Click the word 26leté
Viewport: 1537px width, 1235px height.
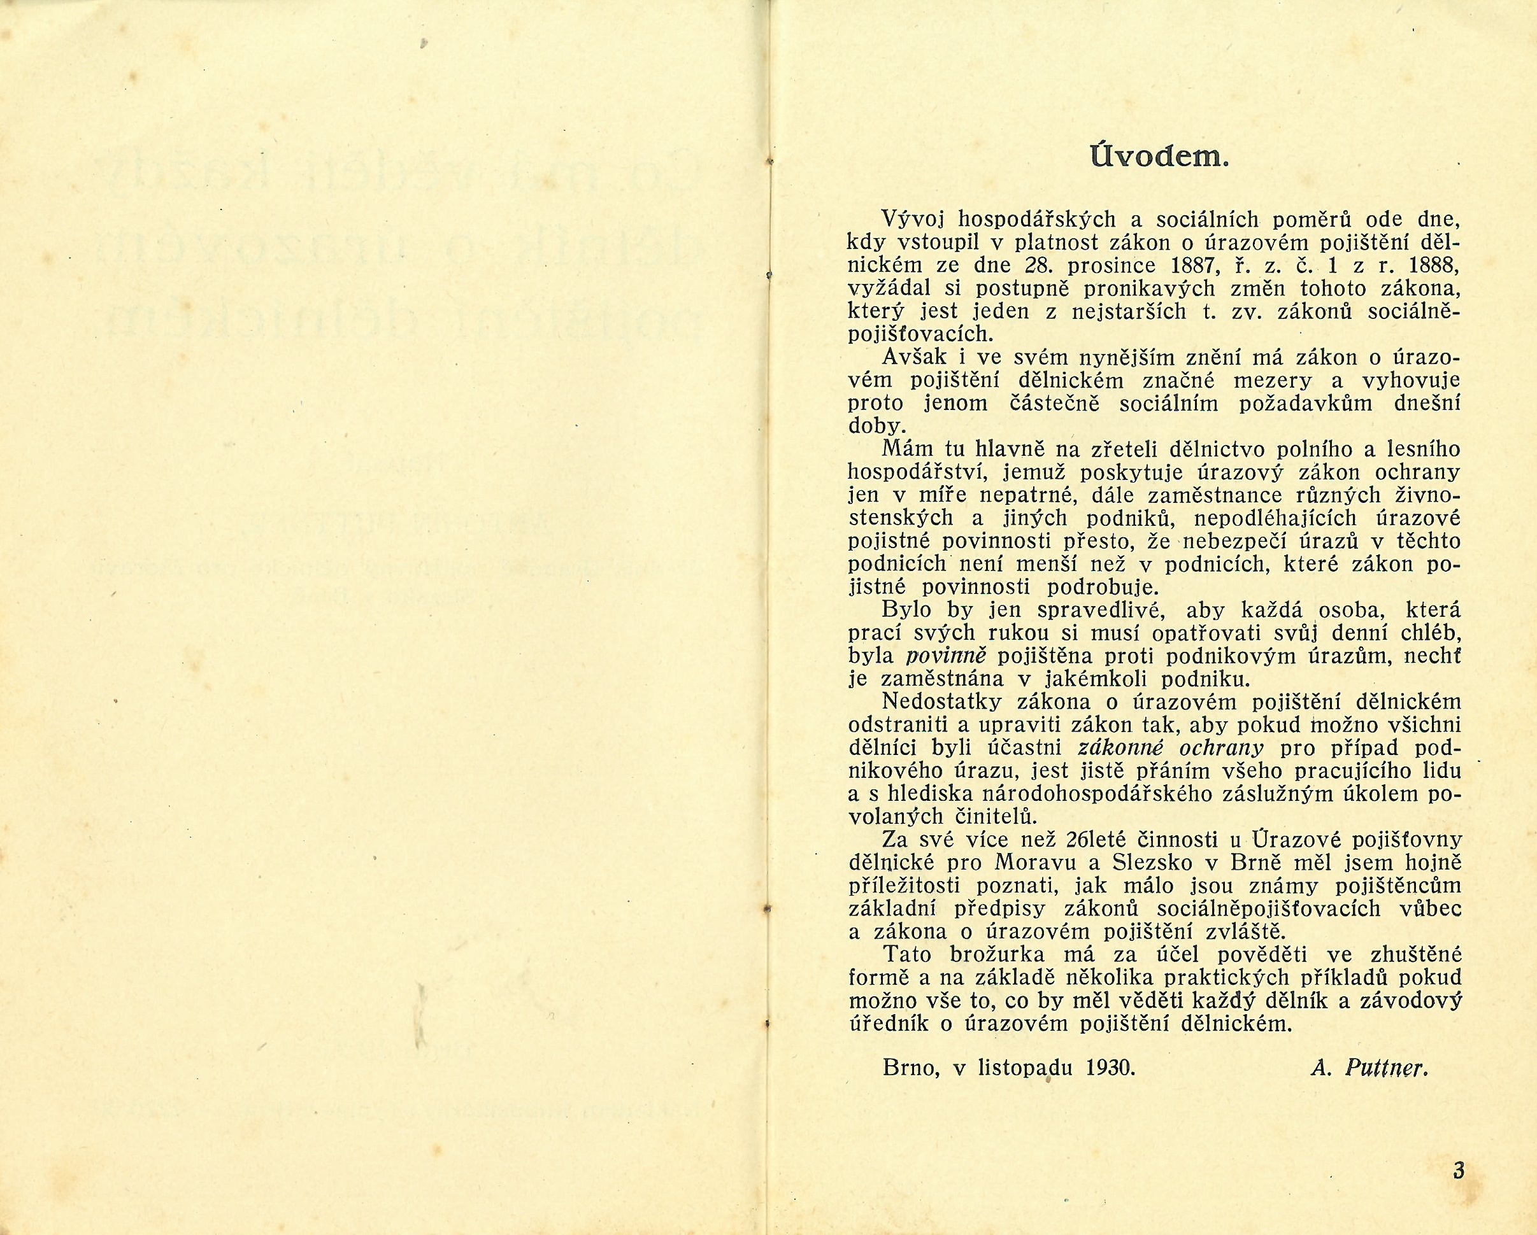(1190, 840)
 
